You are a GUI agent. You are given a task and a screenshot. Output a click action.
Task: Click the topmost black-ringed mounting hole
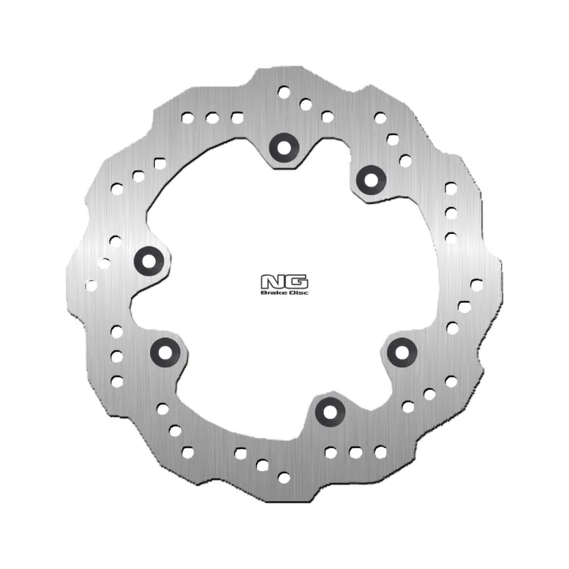(x=284, y=148)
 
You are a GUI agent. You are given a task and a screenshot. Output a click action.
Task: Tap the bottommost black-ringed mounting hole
(x=330, y=413)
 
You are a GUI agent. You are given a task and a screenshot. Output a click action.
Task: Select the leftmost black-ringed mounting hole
(x=149, y=261)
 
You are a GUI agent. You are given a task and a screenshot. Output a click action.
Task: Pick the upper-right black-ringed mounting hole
(x=371, y=179)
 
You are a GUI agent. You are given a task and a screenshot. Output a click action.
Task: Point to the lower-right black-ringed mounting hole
(x=402, y=352)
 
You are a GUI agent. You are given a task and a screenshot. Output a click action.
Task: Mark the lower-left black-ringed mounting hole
(x=165, y=352)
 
